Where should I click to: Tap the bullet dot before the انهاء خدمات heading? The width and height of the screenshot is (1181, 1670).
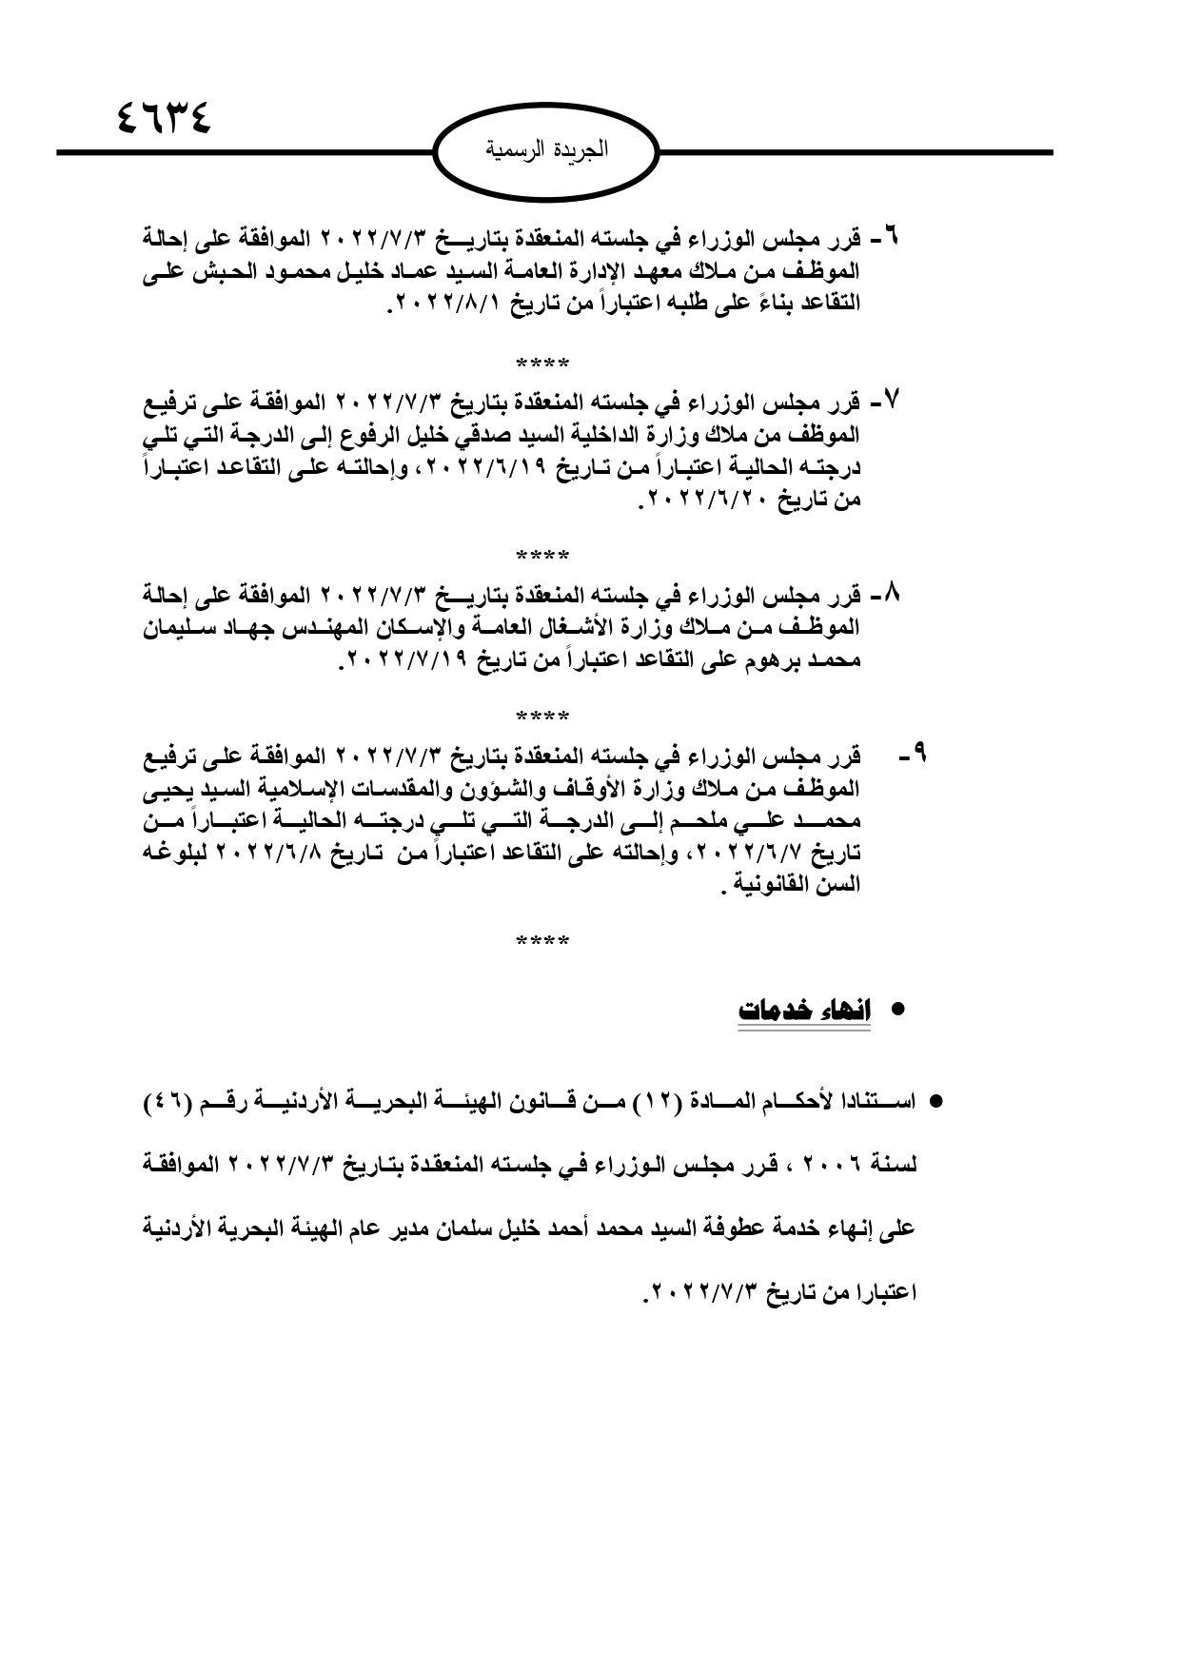(x=896, y=1012)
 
